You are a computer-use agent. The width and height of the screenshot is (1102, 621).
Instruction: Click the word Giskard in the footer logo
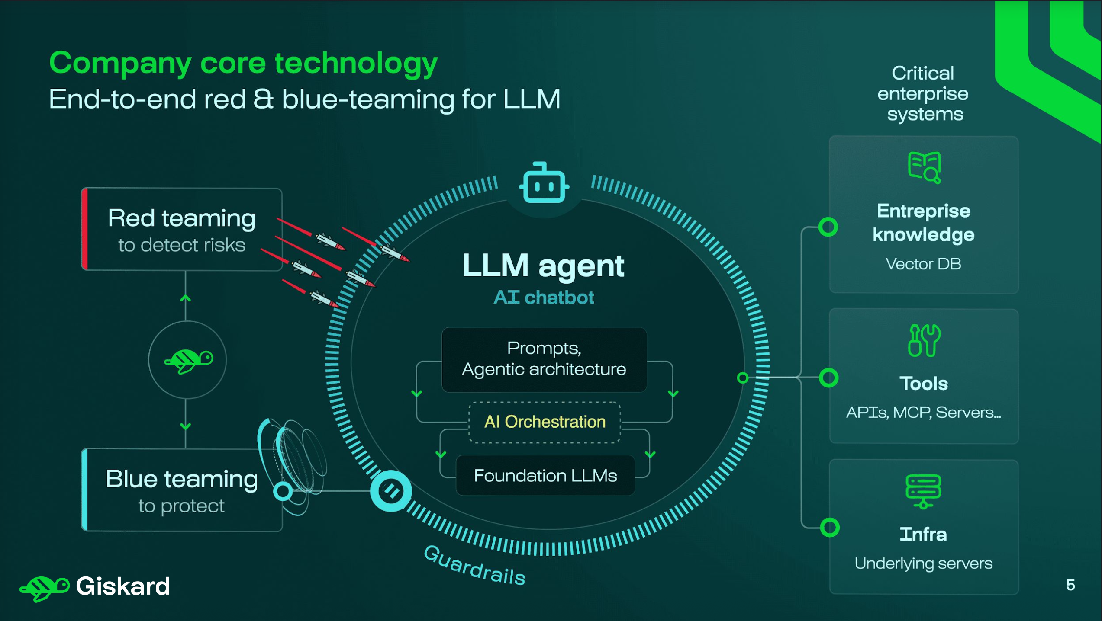(x=123, y=586)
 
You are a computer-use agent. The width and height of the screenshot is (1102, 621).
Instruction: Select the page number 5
(x=1070, y=585)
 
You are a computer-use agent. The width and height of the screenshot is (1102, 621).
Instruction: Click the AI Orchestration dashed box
(x=545, y=422)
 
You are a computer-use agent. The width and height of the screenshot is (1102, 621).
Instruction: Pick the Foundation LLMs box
(x=545, y=475)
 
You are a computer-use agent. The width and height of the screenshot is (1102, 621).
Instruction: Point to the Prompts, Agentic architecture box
(x=544, y=359)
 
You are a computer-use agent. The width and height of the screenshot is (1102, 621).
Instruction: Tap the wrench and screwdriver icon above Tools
(x=924, y=340)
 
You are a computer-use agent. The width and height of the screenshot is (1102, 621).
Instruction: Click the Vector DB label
(x=923, y=264)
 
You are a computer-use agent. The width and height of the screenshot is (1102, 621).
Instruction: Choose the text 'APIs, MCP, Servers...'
(x=924, y=413)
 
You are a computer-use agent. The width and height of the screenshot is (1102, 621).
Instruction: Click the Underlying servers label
(x=924, y=563)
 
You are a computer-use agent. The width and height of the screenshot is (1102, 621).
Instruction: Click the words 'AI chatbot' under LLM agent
(x=544, y=298)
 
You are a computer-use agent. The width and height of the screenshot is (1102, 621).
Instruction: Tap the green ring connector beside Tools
(x=828, y=378)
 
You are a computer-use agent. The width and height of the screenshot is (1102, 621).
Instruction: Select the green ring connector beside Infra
(x=829, y=528)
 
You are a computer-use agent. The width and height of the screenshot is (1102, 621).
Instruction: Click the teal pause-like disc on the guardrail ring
(x=391, y=491)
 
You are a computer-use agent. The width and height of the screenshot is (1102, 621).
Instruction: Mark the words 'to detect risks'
(x=182, y=245)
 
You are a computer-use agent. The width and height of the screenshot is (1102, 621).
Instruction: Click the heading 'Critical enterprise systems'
(x=923, y=94)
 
